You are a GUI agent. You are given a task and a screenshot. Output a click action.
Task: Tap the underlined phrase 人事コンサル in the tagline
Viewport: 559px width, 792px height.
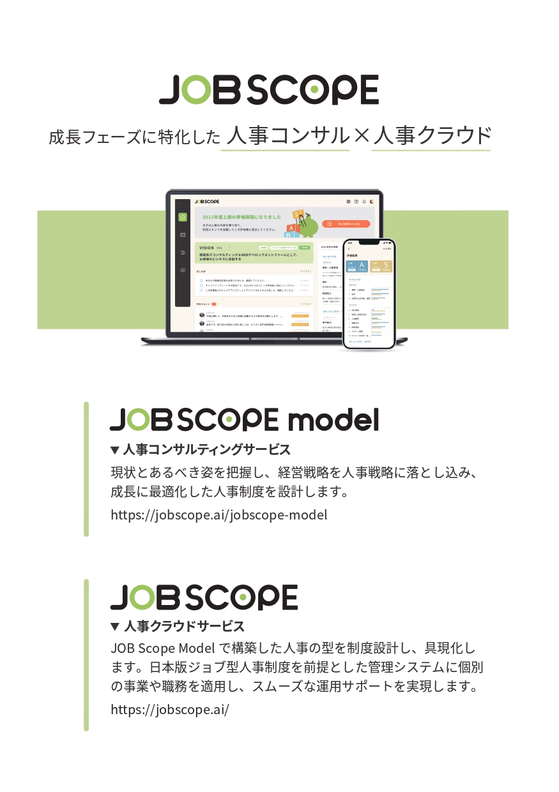click(x=285, y=136)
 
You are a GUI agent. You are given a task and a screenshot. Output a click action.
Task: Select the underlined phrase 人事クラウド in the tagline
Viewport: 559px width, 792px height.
click(x=431, y=136)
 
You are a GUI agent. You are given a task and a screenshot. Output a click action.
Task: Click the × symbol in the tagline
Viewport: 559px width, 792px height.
click(x=361, y=136)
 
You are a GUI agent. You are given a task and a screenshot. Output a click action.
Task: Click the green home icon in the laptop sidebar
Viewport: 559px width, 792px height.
click(x=183, y=217)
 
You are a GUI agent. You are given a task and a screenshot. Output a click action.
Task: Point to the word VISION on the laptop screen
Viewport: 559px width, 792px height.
click(x=206, y=247)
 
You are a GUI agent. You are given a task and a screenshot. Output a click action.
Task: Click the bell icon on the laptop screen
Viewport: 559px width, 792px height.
click(x=364, y=202)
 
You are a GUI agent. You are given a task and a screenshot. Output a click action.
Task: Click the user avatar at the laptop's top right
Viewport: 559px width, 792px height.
click(x=372, y=202)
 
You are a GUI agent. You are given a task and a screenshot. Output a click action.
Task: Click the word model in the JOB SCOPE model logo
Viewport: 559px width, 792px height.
click(x=333, y=419)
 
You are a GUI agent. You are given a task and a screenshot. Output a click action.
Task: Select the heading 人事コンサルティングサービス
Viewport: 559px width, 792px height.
click(x=206, y=449)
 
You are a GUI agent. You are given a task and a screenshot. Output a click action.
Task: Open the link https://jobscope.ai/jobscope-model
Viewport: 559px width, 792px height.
click(x=218, y=514)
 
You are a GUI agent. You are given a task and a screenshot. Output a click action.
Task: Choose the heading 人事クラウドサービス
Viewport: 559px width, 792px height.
click(x=184, y=625)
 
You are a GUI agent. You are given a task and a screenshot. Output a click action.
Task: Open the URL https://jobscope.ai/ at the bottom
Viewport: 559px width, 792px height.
click(x=169, y=709)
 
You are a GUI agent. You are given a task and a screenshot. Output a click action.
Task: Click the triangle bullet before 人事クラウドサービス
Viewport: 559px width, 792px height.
click(x=115, y=626)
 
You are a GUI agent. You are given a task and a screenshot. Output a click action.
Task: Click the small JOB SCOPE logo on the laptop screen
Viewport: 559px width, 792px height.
click(x=207, y=202)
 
